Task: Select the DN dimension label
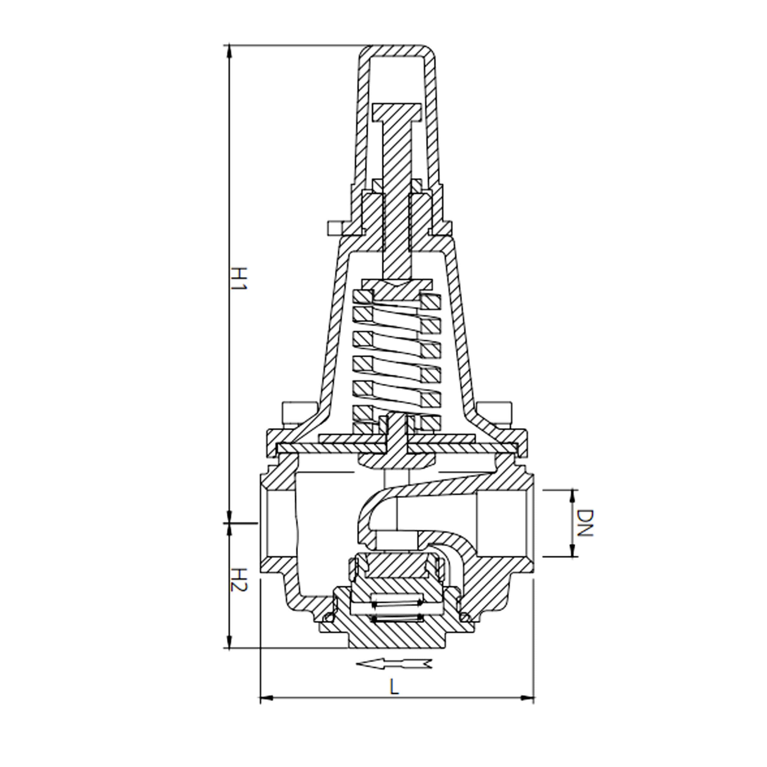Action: [x=584, y=523]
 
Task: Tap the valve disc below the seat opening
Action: [x=396, y=566]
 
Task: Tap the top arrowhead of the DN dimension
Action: [x=573, y=495]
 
